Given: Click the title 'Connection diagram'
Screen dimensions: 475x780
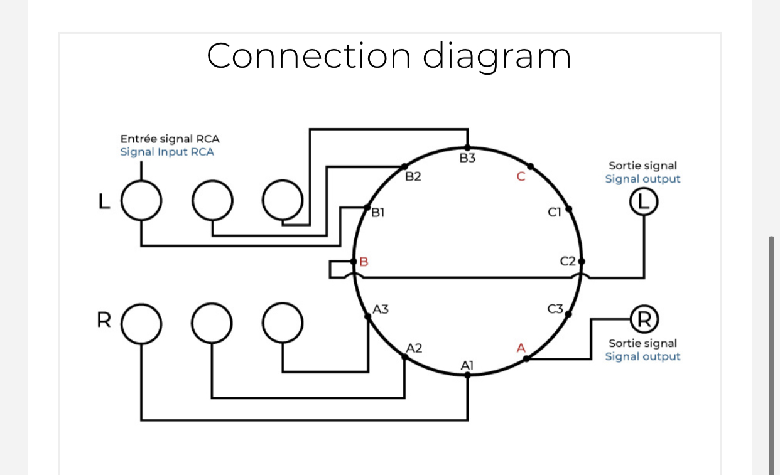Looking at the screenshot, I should point(389,55).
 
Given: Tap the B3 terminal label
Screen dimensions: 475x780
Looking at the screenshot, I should point(467,158).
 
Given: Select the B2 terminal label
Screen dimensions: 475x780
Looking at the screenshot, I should point(413,178).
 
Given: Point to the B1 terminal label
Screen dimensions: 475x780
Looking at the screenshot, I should point(377,213).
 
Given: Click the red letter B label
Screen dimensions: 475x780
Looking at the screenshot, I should point(363,262).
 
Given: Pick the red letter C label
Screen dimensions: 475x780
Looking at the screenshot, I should point(520,177).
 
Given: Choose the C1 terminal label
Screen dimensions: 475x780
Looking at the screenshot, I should point(553,213).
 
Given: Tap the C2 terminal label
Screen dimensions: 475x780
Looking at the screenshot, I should point(568,262).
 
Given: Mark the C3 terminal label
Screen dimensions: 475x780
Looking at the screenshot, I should point(555,309).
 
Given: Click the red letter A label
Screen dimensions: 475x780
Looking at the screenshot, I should point(520,348).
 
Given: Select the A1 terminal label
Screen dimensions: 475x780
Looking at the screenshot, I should point(467,365).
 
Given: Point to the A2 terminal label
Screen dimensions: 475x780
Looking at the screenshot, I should point(414,348).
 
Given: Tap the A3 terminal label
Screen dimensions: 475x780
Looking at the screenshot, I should point(381,309).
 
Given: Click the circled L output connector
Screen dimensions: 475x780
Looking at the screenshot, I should point(643,202).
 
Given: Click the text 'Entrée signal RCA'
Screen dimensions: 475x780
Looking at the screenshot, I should point(170,139).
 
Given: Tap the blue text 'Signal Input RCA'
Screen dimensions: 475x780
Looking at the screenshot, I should point(167,152).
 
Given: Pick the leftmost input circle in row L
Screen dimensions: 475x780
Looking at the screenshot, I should point(141,201).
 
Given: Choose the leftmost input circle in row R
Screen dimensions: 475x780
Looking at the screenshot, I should point(141,323).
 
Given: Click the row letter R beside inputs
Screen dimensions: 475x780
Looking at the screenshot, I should point(104,320).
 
